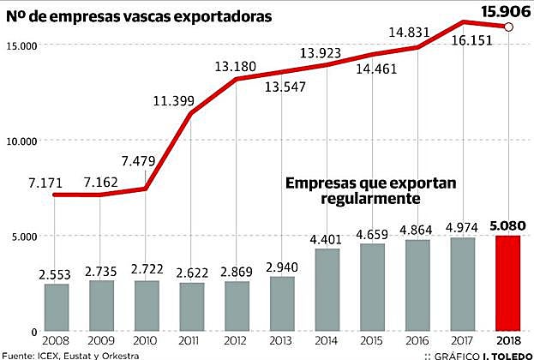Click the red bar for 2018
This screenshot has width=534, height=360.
[507, 283]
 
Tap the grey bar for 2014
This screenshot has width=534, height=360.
[327, 290]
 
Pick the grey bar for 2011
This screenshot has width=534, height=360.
[191, 307]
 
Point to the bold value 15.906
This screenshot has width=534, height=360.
[505, 11]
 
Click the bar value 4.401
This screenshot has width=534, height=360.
[327, 239]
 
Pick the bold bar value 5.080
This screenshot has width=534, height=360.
[507, 226]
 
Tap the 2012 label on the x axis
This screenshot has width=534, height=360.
[237, 340]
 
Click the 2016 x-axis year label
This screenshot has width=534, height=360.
[417, 340]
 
